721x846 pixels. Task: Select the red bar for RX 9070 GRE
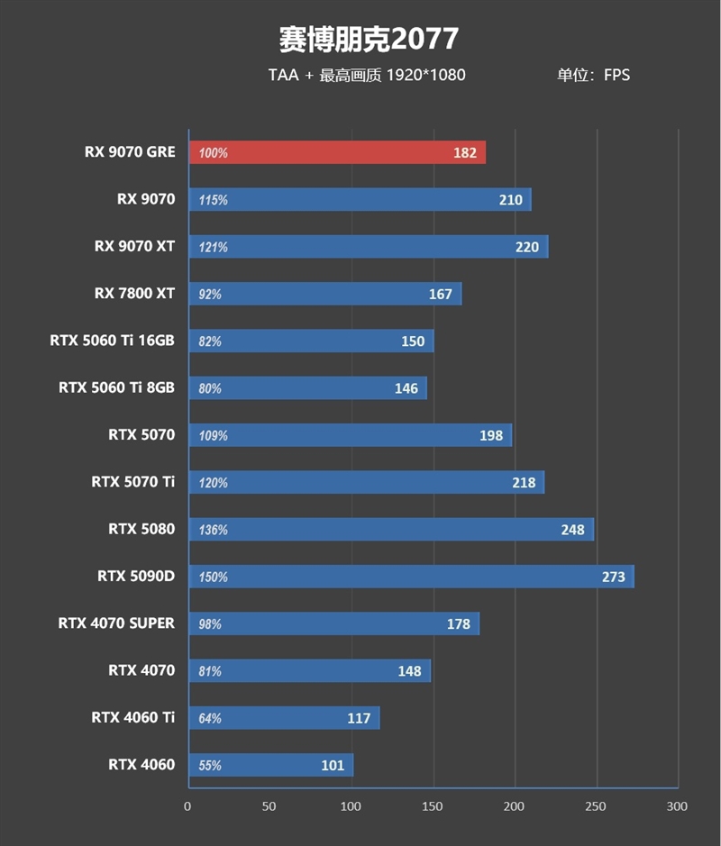point(336,153)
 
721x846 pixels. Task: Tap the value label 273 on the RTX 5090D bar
point(613,577)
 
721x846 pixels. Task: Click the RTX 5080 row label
point(141,529)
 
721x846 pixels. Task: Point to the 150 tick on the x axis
point(433,806)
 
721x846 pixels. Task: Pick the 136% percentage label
point(213,530)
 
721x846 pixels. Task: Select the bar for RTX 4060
point(270,765)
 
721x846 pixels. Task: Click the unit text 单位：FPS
point(593,75)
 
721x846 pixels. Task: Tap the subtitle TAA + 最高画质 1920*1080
point(367,75)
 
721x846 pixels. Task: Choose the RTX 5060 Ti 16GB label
point(113,341)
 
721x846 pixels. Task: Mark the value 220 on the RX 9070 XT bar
point(526,247)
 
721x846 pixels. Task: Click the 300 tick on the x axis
point(677,806)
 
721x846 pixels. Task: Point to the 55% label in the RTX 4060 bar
point(210,766)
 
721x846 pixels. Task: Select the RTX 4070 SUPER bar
point(333,623)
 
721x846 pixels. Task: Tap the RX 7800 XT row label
point(134,294)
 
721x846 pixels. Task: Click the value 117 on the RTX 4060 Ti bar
point(359,718)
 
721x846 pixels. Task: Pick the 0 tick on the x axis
point(187,806)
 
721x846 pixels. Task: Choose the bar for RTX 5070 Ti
point(366,482)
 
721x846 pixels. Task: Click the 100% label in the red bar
point(213,153)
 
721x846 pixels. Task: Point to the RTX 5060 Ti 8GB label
point(116,387)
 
